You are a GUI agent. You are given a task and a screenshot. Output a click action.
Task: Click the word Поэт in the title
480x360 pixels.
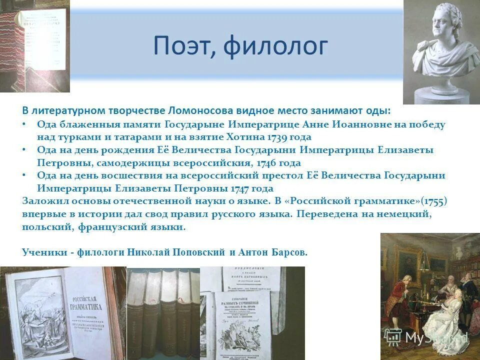[x=183, y=46]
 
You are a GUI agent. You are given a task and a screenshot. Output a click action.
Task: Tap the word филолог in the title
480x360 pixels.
[x=276, y=46]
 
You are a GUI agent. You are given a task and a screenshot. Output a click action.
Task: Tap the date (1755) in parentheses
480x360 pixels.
[x=433, y=201]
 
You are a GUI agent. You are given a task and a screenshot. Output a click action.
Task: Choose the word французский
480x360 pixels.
[x=114, y=227]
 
